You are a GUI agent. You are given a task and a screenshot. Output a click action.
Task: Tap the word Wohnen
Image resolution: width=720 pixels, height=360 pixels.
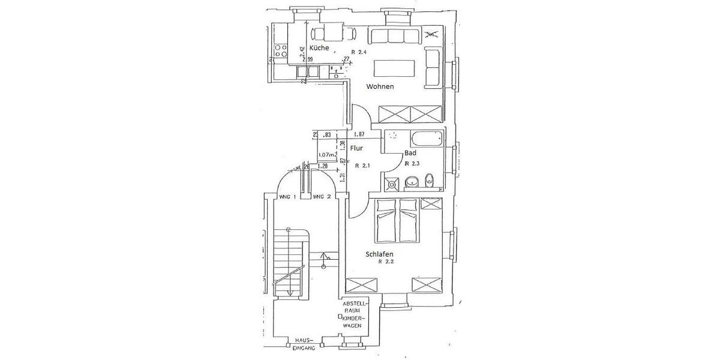pos(381,86)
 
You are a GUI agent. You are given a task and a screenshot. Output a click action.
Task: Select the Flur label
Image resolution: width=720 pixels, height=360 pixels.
pos(357,147)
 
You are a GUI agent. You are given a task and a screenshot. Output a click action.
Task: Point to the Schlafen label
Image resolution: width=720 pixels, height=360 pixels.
pos(383,254)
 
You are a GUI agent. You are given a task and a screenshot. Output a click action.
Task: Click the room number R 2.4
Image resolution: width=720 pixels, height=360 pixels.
pos(358,52)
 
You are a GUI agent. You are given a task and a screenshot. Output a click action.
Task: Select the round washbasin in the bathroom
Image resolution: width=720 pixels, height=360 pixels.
pos(412,181)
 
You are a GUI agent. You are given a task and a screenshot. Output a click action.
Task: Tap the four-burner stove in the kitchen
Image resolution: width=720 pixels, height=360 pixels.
pos(281,51)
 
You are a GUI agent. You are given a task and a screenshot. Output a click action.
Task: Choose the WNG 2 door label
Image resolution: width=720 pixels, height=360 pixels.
pos(322,197)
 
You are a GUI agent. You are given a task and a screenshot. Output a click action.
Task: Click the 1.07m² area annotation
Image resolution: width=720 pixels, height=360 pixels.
pos(328,154)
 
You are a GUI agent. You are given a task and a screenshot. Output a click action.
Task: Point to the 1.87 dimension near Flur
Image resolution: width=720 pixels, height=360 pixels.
pos(360,134)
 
